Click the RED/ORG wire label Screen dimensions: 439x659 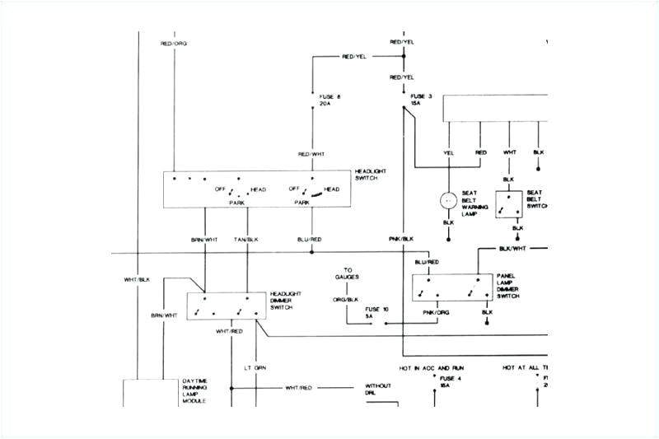click(x=174, y=42)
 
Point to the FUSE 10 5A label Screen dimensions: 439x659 click(x=377, y=312)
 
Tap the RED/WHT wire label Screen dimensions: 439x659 click(x=311, y=154)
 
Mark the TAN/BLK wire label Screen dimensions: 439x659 click(x=245, y=239)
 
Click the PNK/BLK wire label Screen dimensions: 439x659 click(x=401, y=239)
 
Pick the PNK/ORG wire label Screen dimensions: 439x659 click(x=435, y=312)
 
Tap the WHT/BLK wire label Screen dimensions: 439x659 click(x=138, y=281)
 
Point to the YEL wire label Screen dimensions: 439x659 click(x=448, y=152)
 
